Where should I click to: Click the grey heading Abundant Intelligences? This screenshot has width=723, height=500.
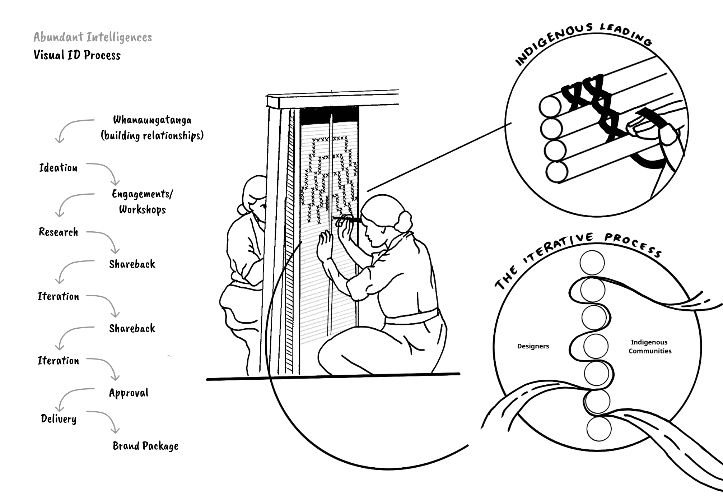tap(93, 37)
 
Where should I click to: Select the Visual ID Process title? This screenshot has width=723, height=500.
tap(77, 55)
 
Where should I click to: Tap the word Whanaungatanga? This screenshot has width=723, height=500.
tap(152, 120)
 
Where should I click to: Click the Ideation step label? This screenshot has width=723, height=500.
tap(58, 168)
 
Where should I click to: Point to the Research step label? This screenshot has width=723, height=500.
tap(58, 232)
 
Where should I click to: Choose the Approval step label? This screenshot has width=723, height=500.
tap(129, 393)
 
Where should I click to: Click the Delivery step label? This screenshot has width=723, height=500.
tap(59, 419)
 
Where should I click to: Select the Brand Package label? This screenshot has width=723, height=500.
tap(145, 446)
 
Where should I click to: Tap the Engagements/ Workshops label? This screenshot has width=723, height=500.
tap(143, 202)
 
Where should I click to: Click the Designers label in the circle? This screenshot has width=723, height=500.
tap(533, 346)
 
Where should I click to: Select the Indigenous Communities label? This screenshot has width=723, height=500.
tap(649, 347)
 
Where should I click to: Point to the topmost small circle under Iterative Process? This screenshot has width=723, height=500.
tap(592, 263)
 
